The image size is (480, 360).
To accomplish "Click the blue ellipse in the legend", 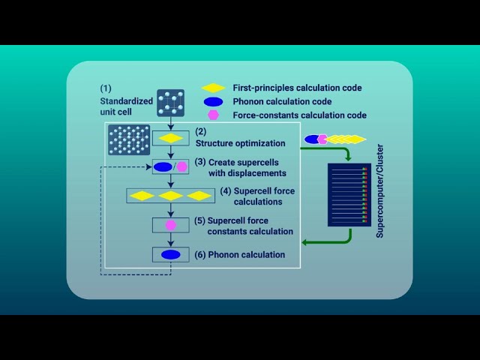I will [212, 102].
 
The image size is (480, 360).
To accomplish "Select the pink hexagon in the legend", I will [213, 115].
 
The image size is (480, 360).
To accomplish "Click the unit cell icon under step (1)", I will [170, 103].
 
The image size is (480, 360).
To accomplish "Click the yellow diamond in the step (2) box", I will [171, 138].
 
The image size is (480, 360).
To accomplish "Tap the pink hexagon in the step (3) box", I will [181, 166].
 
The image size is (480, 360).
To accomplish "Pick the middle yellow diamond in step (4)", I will [171, 196].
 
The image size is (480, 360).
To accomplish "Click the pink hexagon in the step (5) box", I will [171, 225].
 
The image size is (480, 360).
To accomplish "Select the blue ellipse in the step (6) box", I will [171, 255].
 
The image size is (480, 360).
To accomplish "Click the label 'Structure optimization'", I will [240, 142].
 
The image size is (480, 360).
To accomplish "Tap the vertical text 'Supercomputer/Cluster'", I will [380, 196].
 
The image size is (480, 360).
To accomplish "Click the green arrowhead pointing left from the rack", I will [306, 242].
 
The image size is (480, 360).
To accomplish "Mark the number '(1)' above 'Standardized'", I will [106, 88].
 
